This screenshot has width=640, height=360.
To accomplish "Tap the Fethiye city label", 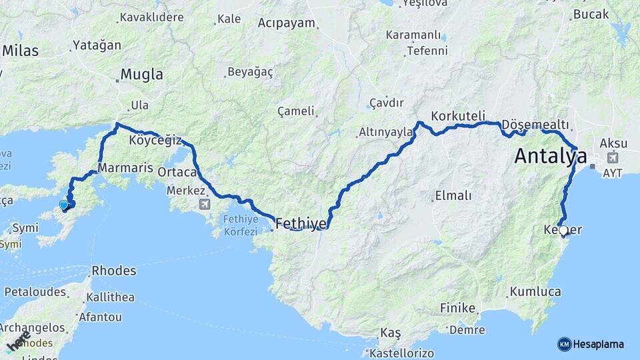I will click(301, 223).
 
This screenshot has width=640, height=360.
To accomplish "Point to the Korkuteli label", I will click(458, 115).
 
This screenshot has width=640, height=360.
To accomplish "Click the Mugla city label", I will click(141, 75).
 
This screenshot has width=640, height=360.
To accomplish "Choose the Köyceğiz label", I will click(154, 140).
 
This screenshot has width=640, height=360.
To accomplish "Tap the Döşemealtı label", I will click(535, 125).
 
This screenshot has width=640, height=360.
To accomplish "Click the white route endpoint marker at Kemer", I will click(563, 231).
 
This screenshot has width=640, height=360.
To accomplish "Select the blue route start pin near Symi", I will click(64, 205).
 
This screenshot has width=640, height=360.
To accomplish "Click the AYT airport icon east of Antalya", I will click(611, 159).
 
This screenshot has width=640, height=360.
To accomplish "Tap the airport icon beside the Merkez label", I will click(203, 203).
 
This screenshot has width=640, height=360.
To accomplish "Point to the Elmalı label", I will click(453, 195).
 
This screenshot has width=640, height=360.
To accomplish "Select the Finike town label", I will click(458, 308).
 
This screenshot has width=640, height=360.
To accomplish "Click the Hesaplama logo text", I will click(598, 344).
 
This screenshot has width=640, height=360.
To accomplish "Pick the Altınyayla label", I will click(387, 133).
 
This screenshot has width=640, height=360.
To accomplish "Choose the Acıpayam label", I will click(286, 23).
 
